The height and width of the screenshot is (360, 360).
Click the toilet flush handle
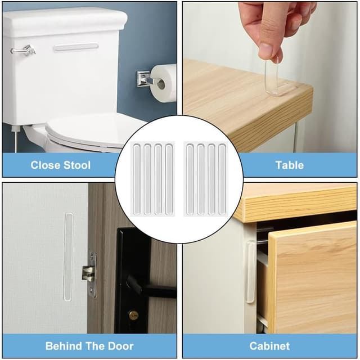pos(24,50)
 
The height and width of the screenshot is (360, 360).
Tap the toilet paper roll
pos(163,83)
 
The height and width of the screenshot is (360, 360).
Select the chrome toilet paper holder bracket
pos(145,79)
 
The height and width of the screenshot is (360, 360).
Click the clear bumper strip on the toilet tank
pos(76,47)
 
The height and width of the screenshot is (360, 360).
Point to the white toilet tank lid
pos(65,21)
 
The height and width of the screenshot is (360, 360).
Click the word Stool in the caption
pos(77,165)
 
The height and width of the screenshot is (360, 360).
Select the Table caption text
pos(290,165)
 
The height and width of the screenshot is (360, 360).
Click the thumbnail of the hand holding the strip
pos(270,77)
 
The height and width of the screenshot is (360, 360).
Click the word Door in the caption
pos(121,346)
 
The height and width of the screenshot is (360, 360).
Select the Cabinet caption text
pos(269,346)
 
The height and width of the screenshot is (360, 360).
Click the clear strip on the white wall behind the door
pos(69,256)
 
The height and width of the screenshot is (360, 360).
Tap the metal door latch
pos(90,274)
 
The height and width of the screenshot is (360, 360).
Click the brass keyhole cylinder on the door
pos(133,314)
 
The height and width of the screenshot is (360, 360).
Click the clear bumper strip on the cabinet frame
pos(250,272)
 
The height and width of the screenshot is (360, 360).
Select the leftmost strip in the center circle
pos(137,179)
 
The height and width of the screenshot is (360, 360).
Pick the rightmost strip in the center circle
pos(222,179)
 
